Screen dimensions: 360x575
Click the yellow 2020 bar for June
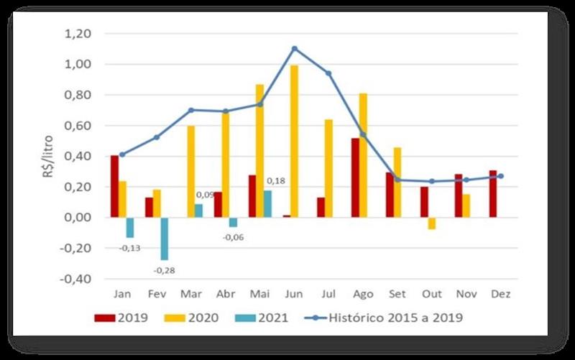point(294,141)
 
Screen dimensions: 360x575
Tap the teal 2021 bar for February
point(165,238)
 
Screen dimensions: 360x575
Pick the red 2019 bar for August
point(355,177)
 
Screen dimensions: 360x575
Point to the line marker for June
point(294,48)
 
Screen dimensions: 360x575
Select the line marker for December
point(501,176)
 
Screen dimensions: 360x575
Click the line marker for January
point(122,154)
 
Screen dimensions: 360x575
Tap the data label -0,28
point(165,270)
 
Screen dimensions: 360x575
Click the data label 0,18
point(276,181)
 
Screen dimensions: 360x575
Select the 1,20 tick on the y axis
point(78,34)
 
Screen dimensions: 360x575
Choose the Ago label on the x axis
point(362,294)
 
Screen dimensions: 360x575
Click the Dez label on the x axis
point(501,294)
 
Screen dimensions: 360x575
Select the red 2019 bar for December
point(494,194)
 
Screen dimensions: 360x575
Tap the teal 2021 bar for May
point(268,203)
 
